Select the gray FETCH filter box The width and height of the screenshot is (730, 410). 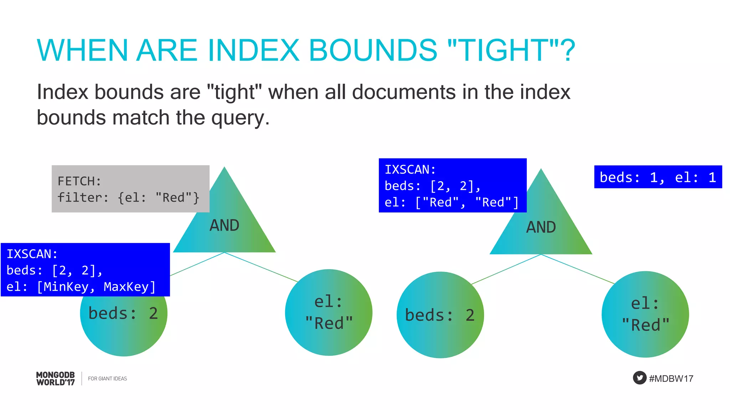(130, 189)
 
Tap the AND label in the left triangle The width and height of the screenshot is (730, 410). (224, 225)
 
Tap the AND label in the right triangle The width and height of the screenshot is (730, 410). (541, 227)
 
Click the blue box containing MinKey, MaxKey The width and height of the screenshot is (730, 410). (85, 270)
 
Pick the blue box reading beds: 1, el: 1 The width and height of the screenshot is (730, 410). (658, 177)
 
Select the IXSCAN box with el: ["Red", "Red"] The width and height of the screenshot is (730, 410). (452, 185)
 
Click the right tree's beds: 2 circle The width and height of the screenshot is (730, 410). (440, 315)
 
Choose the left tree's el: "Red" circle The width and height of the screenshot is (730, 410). (329, 312)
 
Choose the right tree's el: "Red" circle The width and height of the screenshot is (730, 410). (645, 314)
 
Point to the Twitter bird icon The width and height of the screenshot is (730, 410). (639, 378)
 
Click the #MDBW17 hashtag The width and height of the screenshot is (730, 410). (671, 378)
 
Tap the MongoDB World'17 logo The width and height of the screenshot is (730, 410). (56, 378)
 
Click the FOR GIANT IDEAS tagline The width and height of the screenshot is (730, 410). (107, 379)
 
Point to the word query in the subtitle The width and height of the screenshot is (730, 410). (240, 118)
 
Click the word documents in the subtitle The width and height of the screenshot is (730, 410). (404, 92)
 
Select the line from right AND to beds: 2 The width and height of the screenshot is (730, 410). (506, 269)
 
